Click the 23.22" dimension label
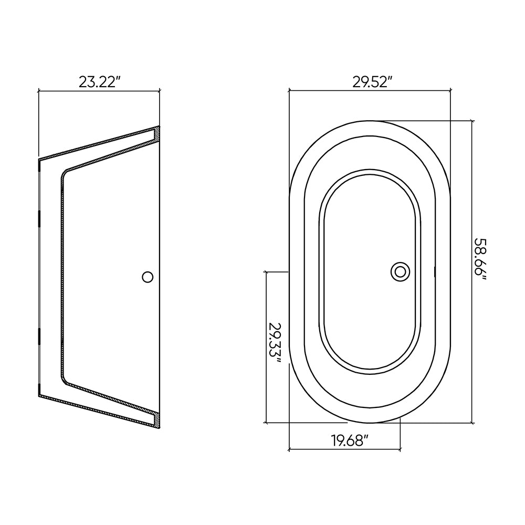click(100, 82)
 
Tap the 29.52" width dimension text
click(372, 82)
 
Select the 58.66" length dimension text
click(480, 266)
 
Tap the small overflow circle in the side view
click(148, 277)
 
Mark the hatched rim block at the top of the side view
click(156, 134)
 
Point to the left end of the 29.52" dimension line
click(289, 91)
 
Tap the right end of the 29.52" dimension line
click(450, 91)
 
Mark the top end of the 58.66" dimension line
click(472, 121)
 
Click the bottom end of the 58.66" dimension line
click(472, 423)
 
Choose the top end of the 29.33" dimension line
click(267, 272)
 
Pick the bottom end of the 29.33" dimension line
click(267, 422)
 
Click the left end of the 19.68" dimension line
click(289, 449)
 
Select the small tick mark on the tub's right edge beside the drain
click(435, 271)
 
